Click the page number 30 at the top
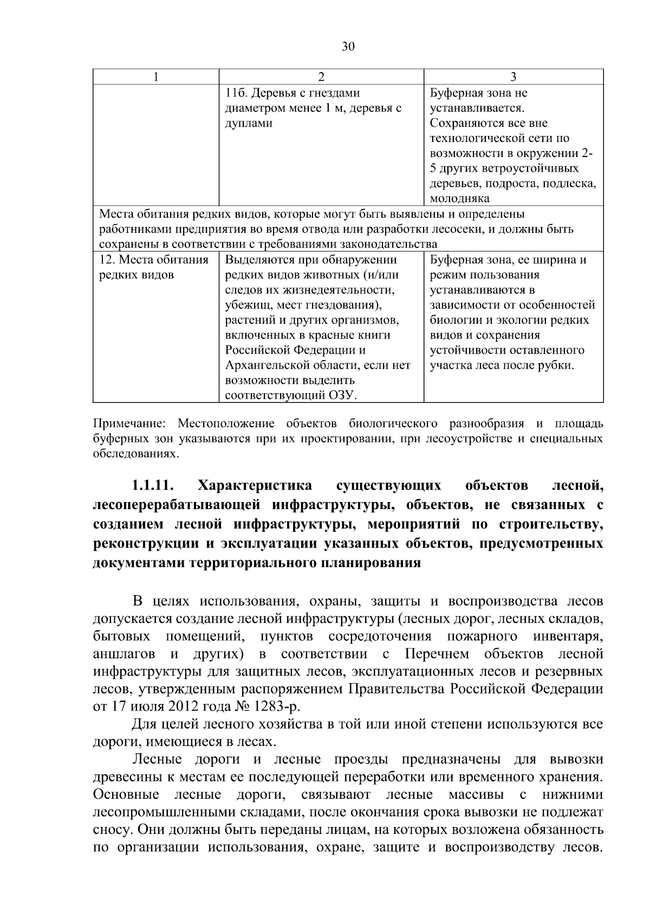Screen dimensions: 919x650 348,47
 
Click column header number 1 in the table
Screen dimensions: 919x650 155,77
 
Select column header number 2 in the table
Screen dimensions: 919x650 321,77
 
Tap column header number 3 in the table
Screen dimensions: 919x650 513,77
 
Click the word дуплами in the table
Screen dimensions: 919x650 249,123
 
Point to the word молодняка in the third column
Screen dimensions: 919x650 460,199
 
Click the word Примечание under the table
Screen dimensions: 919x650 129,423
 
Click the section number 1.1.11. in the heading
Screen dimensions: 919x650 153,484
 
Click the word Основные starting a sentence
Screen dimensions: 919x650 126,795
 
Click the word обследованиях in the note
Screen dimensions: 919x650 135,453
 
